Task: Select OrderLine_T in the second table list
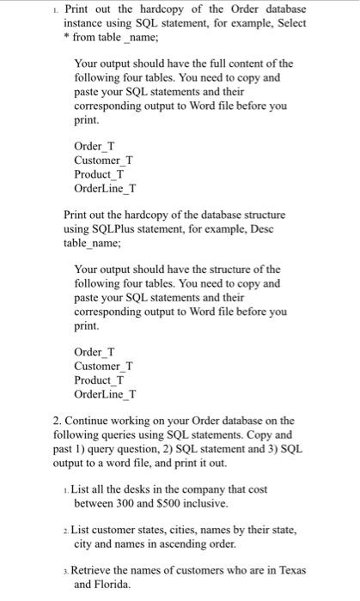click(x=105, y=394)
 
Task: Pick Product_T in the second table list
click(x=101, y=379)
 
